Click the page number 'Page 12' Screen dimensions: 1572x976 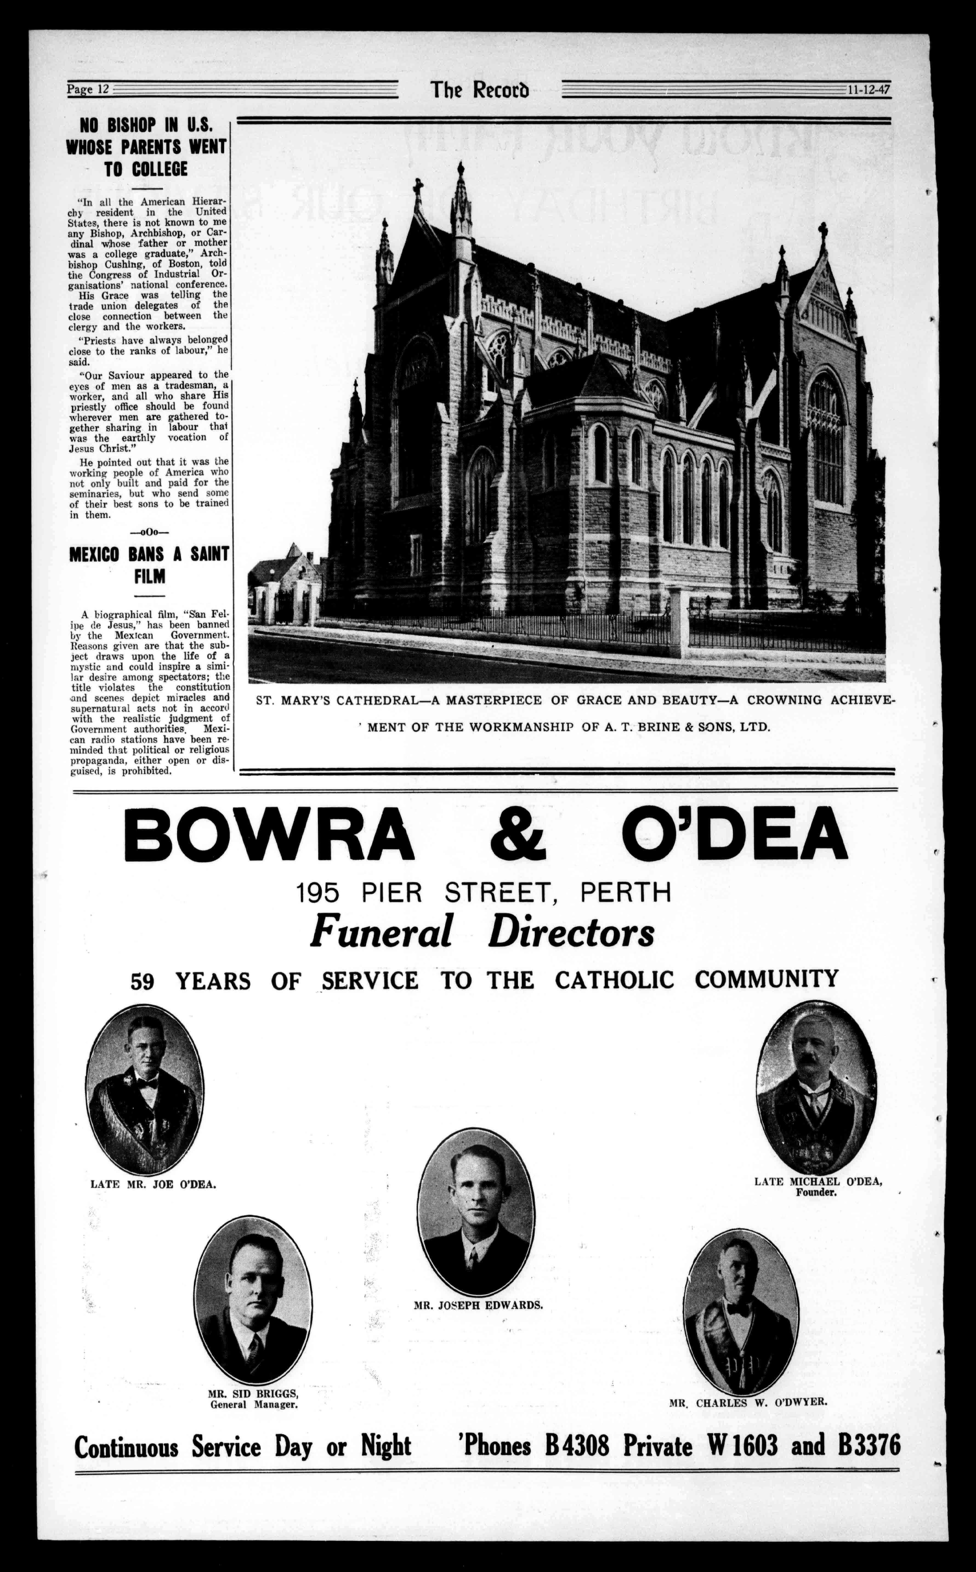point(89,90)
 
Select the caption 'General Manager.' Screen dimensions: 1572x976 point(254,1404)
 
